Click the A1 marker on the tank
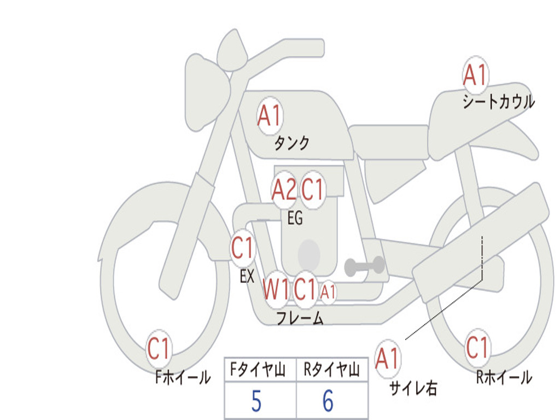coord(269,116)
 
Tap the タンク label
coord(292,143)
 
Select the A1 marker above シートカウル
coord(475,75)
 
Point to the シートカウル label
coord(498,102)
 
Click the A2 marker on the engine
coord(284,190)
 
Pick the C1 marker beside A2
coord(313,190)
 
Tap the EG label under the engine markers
coord(295,219)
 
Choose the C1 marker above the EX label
coord(243,249)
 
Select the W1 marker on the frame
coord(276,289)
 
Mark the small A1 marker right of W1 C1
coord(328,293)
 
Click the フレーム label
coord(300,318)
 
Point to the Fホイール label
coord(183,377)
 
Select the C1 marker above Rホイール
coord(477,347)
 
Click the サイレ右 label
coord(413,388)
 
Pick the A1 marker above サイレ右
coord(387,359)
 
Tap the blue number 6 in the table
coord(328,401)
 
